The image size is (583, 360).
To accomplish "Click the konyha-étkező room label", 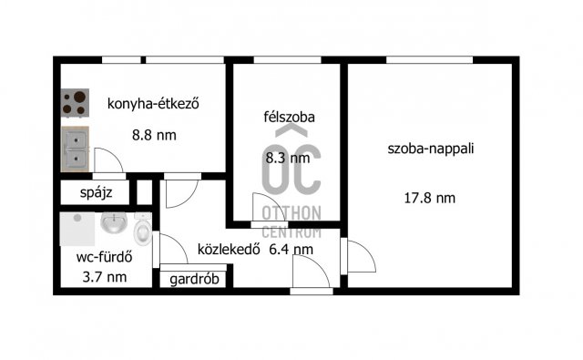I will point(153,103).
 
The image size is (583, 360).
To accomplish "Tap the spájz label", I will point(95,194).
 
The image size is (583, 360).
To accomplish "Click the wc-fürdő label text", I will point(100,257).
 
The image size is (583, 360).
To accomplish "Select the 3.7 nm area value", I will point(100,277).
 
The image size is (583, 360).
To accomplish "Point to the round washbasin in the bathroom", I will point(115,222).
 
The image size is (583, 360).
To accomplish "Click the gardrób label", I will point(194,279).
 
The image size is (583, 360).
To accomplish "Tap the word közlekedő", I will point(230,249).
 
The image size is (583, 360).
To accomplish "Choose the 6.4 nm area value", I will point(291,249).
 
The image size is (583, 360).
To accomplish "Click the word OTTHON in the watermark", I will point(291,212).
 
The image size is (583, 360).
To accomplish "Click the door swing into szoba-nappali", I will point(362,258).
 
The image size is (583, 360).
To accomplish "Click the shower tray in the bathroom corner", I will point(77,232).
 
